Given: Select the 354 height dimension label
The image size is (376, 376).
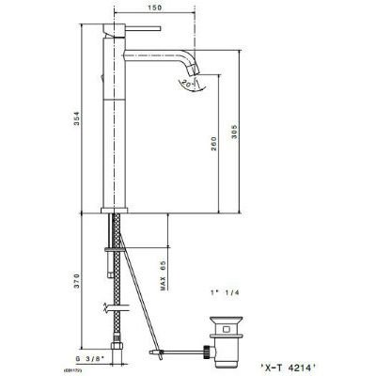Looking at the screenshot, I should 84,115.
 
